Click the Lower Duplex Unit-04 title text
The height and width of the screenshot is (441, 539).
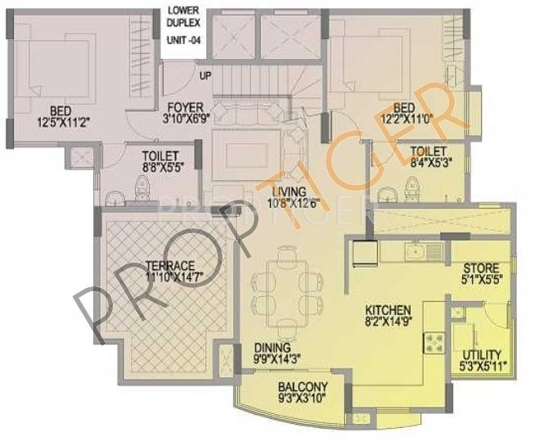pyautogui.click(x=183, y=29)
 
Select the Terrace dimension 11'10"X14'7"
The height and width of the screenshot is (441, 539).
pyautogui.click(x=170, y=278)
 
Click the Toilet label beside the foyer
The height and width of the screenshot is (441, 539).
pyautogui.click(x=155, y=152)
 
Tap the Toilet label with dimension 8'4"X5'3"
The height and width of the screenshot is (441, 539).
pyautogui.click(x=429, y=151)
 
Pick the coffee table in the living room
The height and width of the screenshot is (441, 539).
pyautogui.click(x=246, y=152)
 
